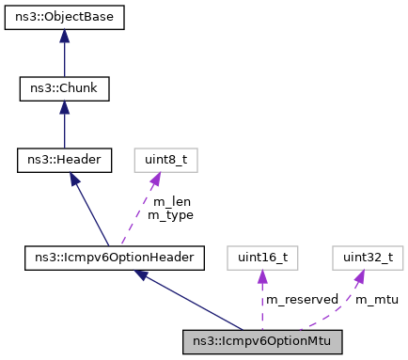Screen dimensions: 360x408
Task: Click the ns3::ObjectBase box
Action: coord(64,17)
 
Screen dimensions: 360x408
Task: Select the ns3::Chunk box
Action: coord(64,89)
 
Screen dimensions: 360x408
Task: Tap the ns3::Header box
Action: coord(64,161)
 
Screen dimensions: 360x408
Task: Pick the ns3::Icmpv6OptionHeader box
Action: coord(115,256)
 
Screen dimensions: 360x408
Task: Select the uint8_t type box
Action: coord(165,161)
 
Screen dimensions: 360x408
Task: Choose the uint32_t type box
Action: coord(361,256)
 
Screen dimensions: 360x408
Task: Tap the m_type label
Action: coord(170,214)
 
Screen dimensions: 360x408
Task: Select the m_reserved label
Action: coord(301,299)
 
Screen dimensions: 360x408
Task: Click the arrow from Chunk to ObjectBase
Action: coord(64,56)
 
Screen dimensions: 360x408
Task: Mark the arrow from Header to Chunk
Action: coord(64,128)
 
